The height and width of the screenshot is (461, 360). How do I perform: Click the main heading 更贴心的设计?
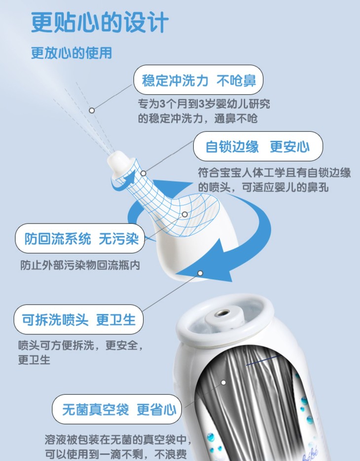click(100, 22)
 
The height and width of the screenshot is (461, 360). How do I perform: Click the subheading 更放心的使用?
click(72, 53)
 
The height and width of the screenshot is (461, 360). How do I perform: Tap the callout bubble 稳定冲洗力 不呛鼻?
click(198, 80)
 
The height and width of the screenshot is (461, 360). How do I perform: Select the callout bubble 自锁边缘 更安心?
click(258, 146)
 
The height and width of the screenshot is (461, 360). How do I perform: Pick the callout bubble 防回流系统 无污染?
click(80, 238)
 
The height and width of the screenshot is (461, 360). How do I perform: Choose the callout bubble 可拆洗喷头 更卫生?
click(78, 319)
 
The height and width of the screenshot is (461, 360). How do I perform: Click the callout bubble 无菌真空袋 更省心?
click(117, 409)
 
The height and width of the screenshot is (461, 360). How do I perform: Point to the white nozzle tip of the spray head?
click(119, 162)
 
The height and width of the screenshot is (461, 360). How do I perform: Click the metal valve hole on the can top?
click(224, 313)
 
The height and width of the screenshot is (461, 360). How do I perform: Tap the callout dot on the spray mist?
click(92, 111)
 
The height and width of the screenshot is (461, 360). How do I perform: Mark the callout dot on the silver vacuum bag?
click(223, 383)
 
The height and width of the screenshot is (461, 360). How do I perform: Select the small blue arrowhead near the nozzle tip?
click(130, 177)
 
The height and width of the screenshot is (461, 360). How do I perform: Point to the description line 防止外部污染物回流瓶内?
click(80, 265)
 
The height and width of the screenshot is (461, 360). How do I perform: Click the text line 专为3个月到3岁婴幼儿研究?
click(204, 104)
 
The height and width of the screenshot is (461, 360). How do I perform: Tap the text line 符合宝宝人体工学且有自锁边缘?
click(274, 173)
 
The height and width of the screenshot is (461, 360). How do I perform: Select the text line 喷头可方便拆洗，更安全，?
click(81, 345)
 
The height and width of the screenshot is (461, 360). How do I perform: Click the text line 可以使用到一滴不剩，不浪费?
click(116, 454)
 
